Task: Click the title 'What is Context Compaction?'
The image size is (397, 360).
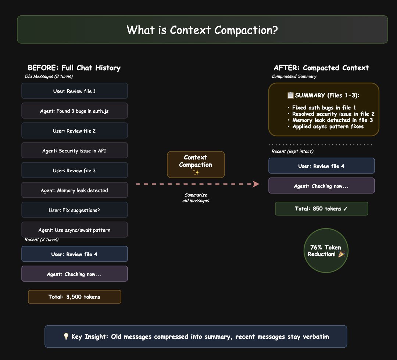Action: (x=202, y=30)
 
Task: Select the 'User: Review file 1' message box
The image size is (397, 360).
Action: (x=75, y=91)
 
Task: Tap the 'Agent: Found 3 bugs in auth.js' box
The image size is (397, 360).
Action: (x=75, y=111)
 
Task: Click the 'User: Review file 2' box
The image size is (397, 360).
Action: (x=75, y=131)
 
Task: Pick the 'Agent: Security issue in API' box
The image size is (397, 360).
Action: (x=75, y=151)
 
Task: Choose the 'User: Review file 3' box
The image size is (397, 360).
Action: (x=75, y=170)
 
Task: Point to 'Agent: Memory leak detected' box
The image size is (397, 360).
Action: (x=75, y=190)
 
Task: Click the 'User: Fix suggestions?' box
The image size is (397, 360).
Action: (x=75, y=210)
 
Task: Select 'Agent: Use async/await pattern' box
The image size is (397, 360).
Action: (x=75, y=230)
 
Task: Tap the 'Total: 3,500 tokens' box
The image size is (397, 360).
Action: (x=75, y=297)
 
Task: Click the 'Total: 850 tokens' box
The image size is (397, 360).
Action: (x=321, y=209)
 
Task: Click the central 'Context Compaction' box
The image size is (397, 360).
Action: (x=196, y=165)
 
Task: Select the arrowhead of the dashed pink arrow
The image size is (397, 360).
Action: (x=256, y=184)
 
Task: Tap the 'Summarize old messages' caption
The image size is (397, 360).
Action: (x=196, y=198)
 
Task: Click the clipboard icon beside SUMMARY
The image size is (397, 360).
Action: (x=290, y=96)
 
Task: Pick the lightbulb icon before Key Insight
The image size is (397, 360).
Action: (x=66, y=336)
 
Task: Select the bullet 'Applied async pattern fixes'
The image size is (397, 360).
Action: (x=328, y=126)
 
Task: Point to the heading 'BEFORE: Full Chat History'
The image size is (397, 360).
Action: (x=74, y=68)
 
